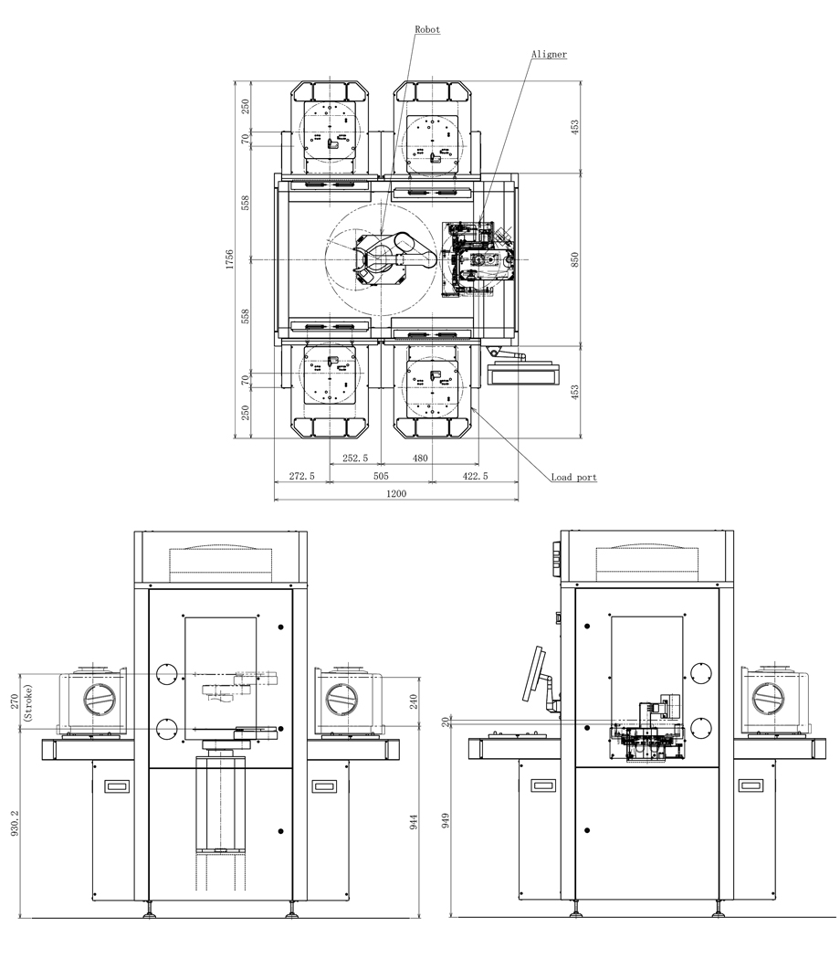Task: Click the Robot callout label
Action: pyautogui.click(x=427, y=30)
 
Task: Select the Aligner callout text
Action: pyautogui.click(x=549, y=54)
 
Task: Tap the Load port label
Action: pyautogui.click(x=573, y=477)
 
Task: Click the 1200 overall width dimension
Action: pyautogui.click(x=396, y=493)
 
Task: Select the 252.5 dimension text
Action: pyautogui.click(x=354, y=458)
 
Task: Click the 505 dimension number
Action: pyautogui.click(x=381, y=476)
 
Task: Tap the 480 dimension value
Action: pyautogui.click(x=419, y=458)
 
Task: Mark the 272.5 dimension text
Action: pyautogui.click(x=301, y=476)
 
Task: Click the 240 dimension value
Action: pyautogui.click(x=414, y=702)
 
